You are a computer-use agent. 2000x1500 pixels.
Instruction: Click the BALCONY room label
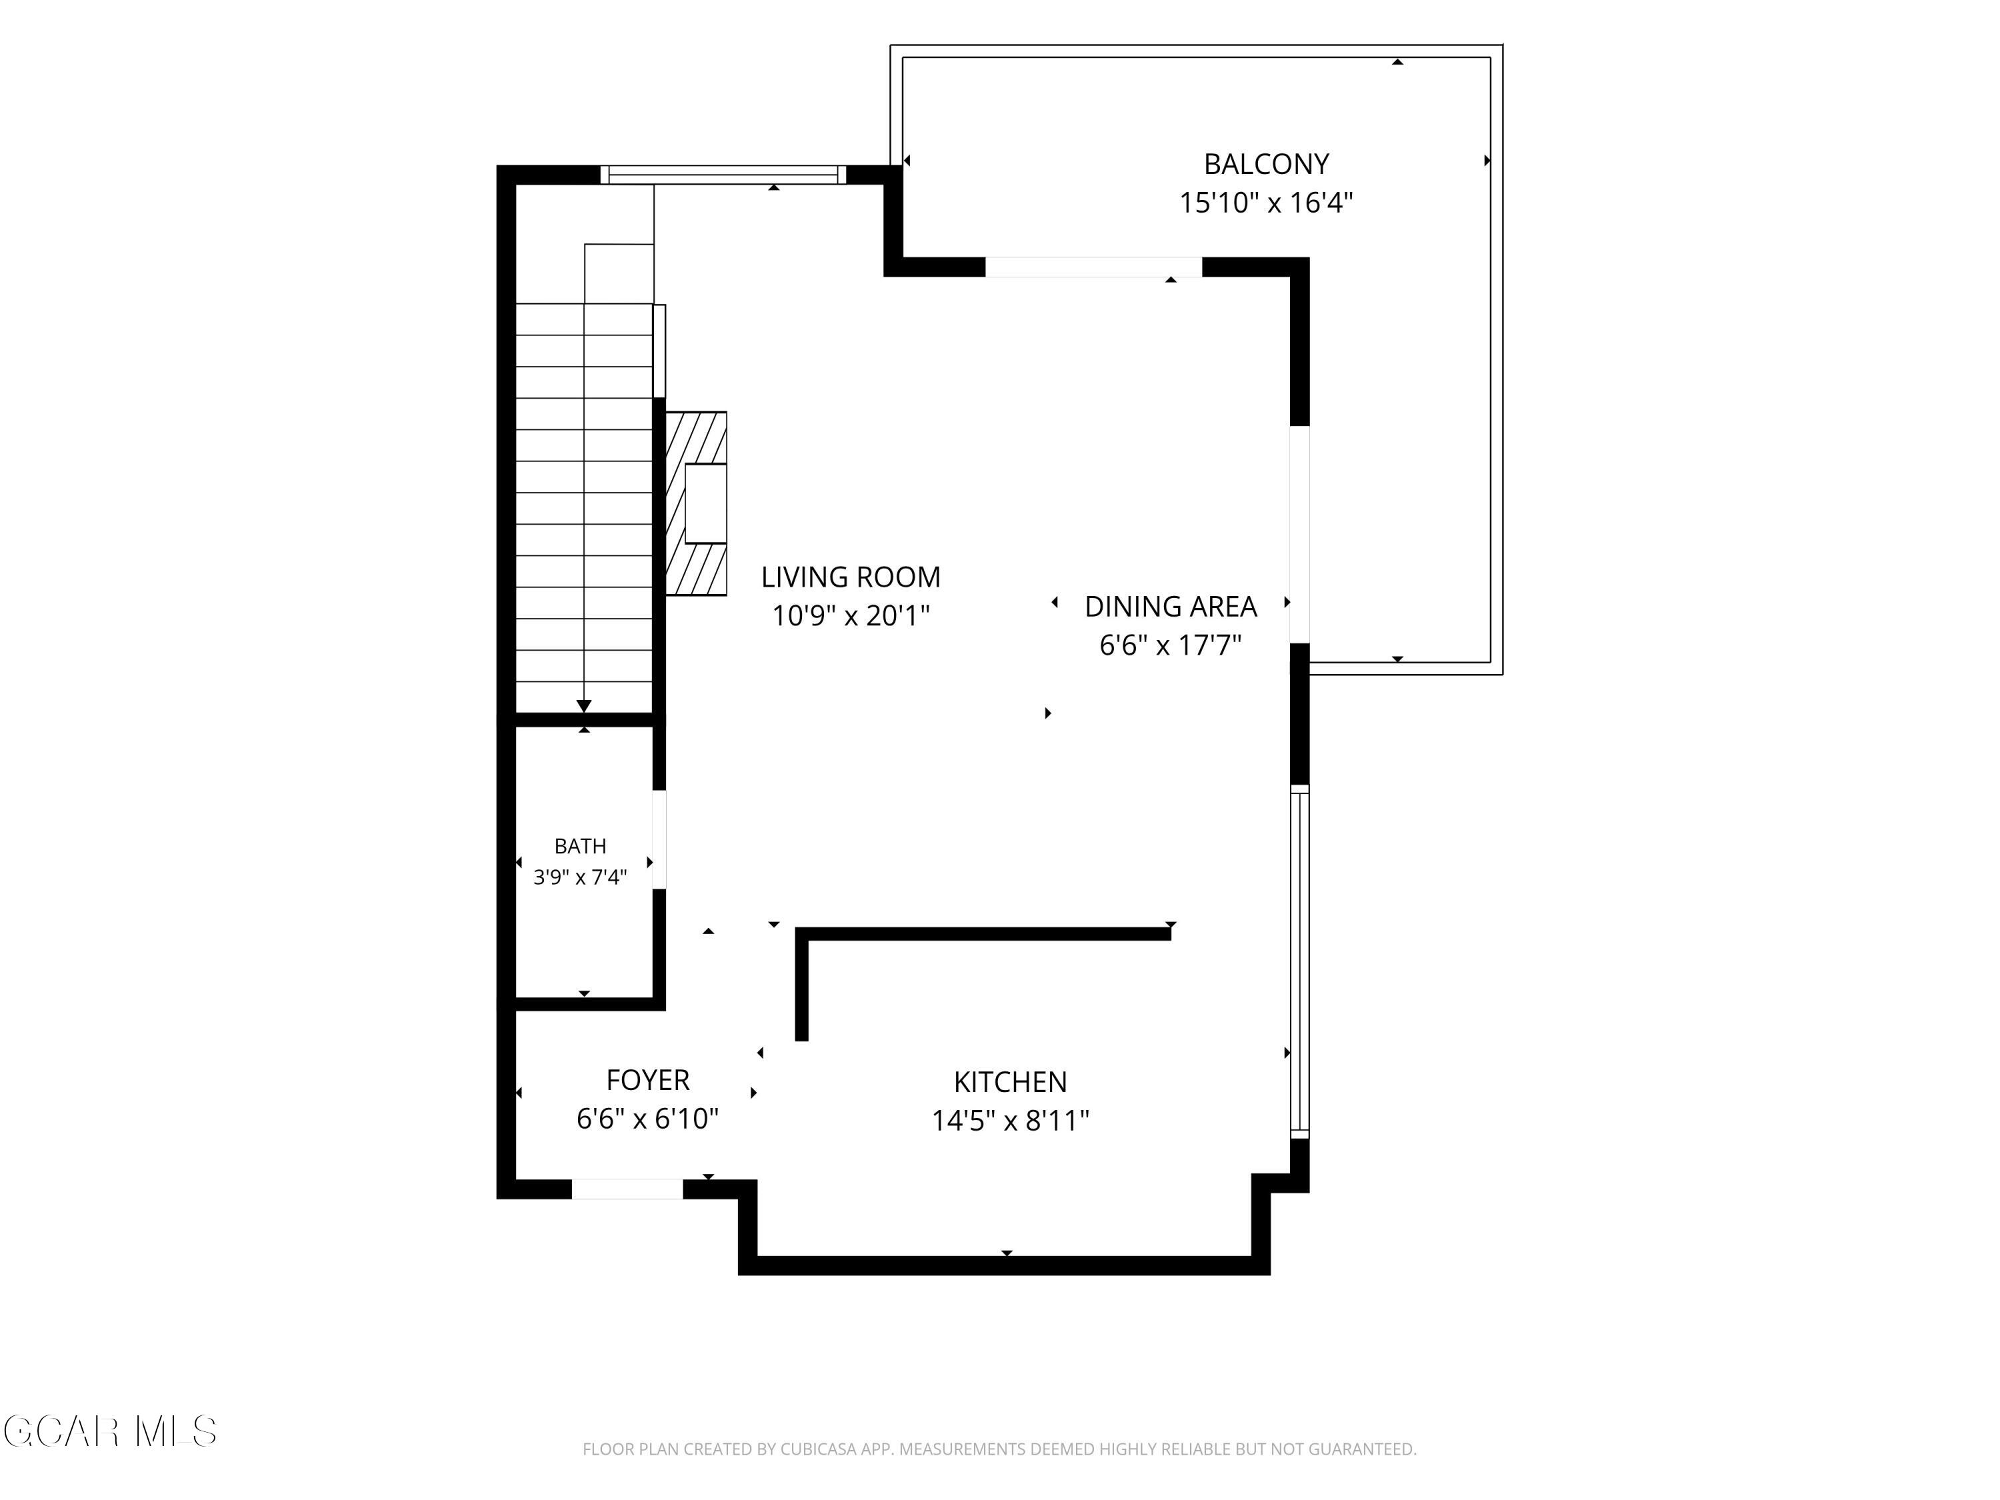tap(1266, 165)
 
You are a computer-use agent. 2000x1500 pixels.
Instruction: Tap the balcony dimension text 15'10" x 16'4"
tap(1266, 203)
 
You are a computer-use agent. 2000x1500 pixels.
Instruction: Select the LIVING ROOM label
tap(851, 577)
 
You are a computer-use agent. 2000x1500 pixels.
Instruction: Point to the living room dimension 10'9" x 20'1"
tap(851, 616)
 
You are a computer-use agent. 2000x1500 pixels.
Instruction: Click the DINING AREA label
tap(1171, 607)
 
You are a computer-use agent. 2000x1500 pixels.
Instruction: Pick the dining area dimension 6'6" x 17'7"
tap(1171, 645)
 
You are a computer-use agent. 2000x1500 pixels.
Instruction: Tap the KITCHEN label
tap(1011, 1082)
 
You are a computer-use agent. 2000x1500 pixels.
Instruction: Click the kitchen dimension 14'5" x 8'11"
tap(1011, 1121)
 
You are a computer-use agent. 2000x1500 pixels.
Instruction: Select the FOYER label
tap(647, 1081)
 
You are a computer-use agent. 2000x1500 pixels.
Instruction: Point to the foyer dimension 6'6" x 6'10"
tap(647, 1119)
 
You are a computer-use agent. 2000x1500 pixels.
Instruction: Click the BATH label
tap(581, 846)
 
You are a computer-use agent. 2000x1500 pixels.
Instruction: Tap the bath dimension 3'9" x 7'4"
tap(581, 877)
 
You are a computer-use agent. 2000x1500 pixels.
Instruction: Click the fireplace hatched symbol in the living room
tap(696, 503)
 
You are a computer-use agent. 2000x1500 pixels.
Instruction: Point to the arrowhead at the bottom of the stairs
tap(584, 706)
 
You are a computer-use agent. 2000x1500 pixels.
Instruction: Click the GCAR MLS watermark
tap(109, 1431)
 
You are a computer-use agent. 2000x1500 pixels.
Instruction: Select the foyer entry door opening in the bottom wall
tap(627, 1189)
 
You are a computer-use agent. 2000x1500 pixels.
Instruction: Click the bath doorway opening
tap(659, 840)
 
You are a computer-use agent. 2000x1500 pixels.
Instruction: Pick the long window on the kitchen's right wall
tap(1299, 963)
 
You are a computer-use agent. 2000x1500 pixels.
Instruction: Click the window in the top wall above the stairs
tap(723, 175)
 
